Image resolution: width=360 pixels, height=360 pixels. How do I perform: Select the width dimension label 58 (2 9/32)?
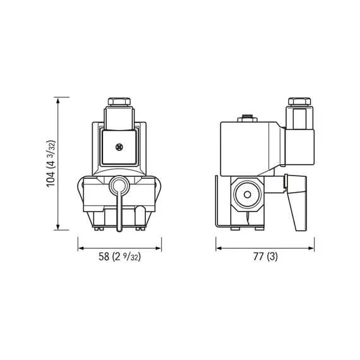[120, 256]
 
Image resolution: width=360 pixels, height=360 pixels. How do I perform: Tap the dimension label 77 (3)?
[264, 256]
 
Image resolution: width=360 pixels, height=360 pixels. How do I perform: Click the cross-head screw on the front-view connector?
[119, 147]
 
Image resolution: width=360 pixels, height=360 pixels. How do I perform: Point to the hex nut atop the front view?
[119, 102]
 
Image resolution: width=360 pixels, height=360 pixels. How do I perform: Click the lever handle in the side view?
[297, 205]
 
